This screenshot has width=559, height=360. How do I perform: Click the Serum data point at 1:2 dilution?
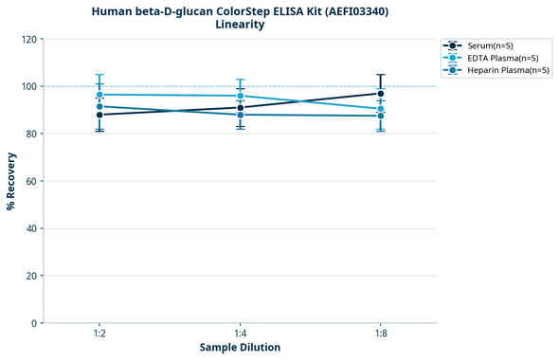(x=99, y=115)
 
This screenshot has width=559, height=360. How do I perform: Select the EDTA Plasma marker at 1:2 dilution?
(x=99, y=95)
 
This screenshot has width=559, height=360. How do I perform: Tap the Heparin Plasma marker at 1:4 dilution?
(x=240, y=115)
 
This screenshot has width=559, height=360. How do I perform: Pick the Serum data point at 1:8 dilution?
(x=381, y=93)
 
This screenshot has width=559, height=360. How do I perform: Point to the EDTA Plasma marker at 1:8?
(x=381, y=109)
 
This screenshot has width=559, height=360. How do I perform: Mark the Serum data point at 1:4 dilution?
(x=240, y=107)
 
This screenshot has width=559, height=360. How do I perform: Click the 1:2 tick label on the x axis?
(x=99, y=334)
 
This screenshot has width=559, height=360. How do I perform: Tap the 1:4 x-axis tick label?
(x=240, y=334)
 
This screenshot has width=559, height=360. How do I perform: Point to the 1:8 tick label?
(x=381, y=334)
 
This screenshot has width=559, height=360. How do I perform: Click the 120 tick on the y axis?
(x=28, y=39)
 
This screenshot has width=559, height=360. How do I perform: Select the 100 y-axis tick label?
(x=28, y=86)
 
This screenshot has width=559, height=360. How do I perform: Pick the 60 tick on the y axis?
(x=31, y=181)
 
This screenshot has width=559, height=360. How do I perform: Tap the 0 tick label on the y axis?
(x=34, y=323)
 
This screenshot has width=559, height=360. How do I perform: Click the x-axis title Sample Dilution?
(x=240, y=348)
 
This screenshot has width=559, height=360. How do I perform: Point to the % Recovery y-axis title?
(x=11, y=181)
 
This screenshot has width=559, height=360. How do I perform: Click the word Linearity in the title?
(x=240, y=25)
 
